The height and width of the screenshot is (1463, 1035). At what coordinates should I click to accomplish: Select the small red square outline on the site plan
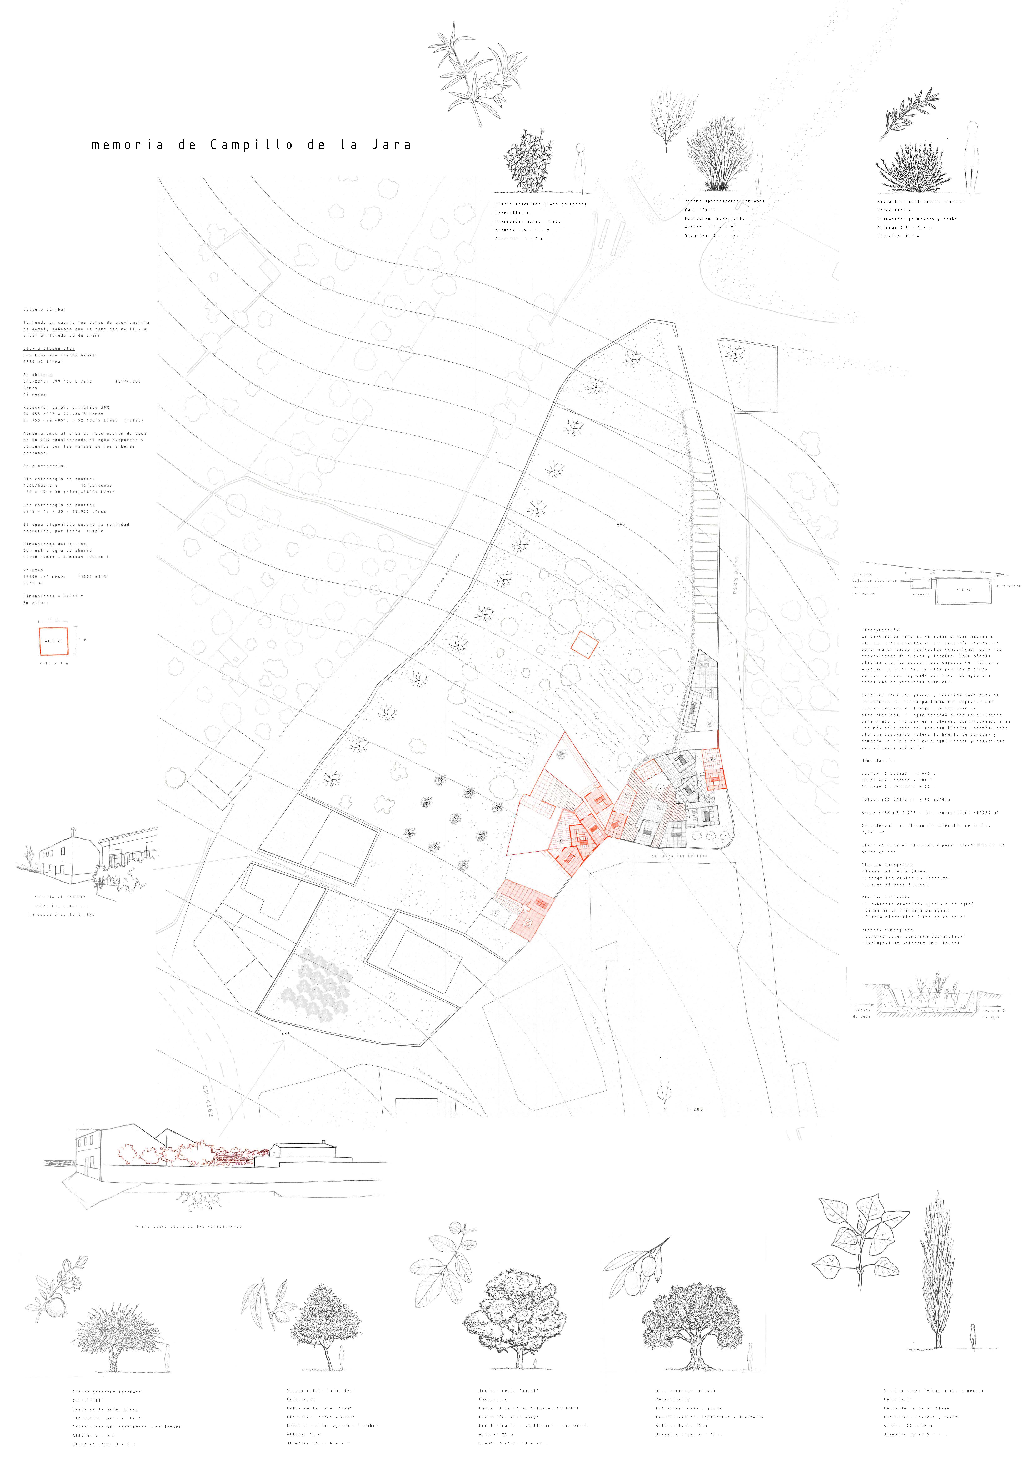584,644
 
